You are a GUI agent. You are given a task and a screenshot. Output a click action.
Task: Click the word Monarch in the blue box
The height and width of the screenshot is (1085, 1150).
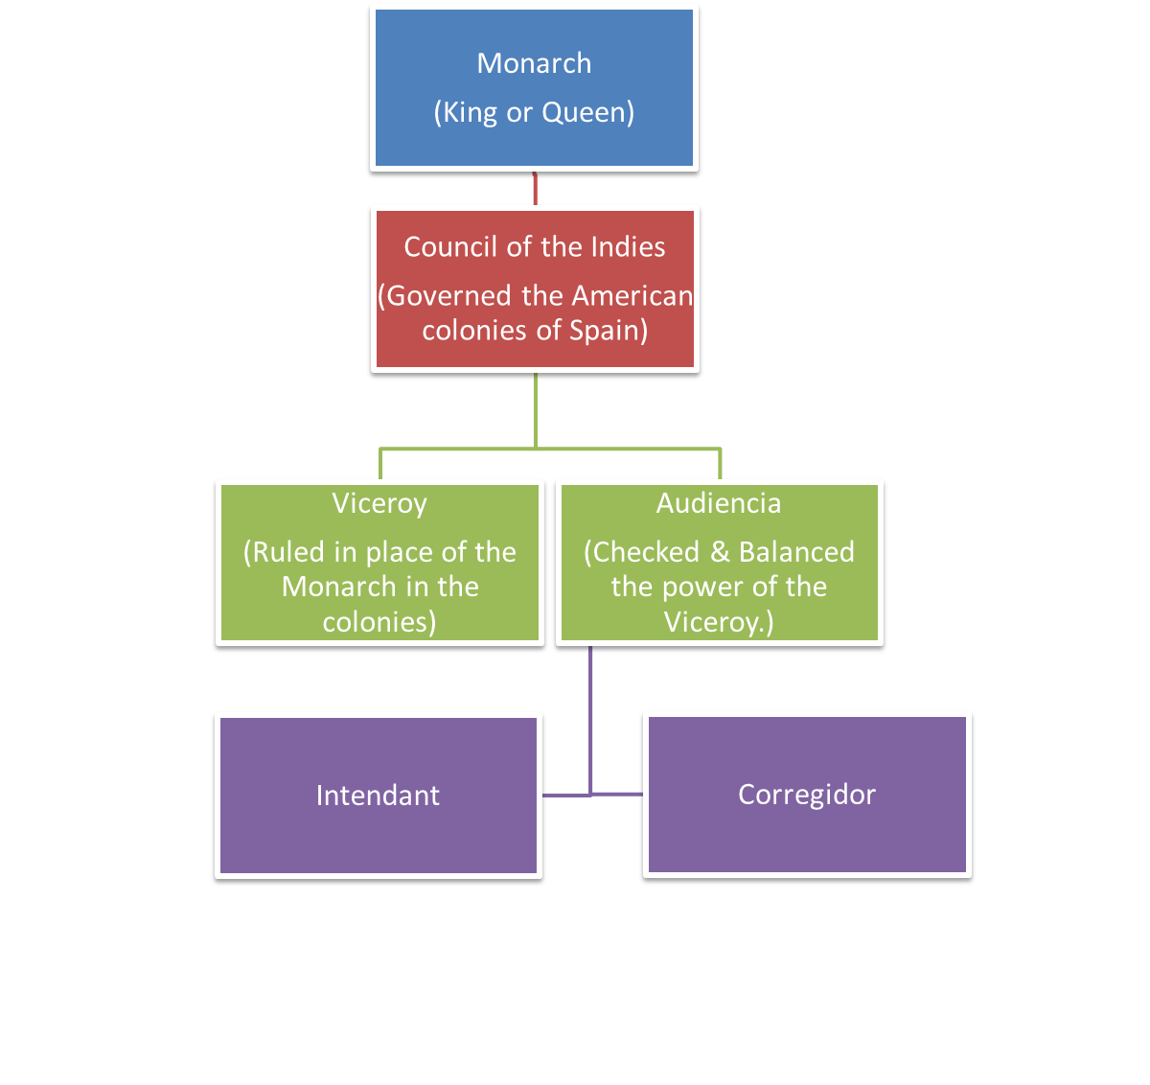534,63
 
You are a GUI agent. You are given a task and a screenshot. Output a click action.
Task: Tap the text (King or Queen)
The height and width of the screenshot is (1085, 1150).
534,112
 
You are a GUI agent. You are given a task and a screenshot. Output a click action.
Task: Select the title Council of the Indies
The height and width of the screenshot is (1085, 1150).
535,247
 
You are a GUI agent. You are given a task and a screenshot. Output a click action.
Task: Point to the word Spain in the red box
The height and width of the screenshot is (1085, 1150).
609,331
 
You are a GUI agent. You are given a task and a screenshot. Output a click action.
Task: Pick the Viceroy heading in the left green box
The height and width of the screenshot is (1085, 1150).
379,503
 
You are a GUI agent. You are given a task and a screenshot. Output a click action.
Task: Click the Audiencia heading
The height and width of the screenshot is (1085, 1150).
719,503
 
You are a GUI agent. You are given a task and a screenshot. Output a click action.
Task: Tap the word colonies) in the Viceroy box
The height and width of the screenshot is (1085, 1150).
379,622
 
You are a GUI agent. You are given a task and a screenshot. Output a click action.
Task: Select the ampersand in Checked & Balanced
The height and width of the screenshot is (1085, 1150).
720,552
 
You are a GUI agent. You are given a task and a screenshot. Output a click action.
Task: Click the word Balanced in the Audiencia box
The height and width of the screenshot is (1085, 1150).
796,552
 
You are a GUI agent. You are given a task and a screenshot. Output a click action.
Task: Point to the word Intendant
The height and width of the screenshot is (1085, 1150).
378,796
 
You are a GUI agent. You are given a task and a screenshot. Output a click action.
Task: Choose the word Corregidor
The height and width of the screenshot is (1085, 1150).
807,795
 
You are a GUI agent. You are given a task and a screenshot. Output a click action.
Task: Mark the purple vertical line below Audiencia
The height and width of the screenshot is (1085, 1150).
590,719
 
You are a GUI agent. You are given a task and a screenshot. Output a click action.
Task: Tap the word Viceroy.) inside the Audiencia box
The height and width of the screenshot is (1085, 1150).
719,622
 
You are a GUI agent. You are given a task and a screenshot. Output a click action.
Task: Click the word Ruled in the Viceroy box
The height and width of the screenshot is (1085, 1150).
288,552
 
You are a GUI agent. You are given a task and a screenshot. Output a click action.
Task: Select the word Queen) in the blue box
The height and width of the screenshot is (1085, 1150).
587,112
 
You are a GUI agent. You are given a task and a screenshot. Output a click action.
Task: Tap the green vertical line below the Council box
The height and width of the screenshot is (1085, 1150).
535,412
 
